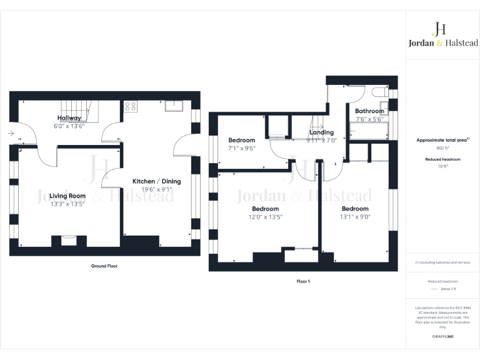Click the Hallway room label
coord(69,117)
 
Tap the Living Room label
coord(67,196)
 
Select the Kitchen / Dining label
coord(156,181)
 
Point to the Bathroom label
coord(369,111)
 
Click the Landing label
coord(322,132)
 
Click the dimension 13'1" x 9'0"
coord(354,217)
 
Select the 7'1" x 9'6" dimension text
coord(241,149)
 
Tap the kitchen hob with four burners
coord(131,106)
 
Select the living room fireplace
coord(68,239)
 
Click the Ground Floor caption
coord(104,266)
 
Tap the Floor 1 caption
coord(303,281)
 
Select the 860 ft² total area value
coord(442,149)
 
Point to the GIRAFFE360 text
coord(442,337)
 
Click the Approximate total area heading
coord(442,140)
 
